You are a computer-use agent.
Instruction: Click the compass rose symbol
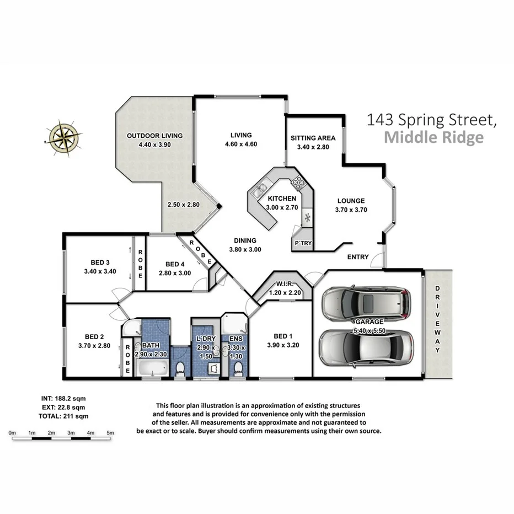click(65, 135)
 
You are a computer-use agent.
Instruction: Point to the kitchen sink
click(258, 192)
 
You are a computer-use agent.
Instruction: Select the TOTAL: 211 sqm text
click(63, 416)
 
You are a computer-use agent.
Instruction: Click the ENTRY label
click(358, 257)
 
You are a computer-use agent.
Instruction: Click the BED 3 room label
click(101, 263)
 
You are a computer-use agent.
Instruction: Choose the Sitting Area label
click(313, 138)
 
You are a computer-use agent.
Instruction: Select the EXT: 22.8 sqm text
click(62, 407)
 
